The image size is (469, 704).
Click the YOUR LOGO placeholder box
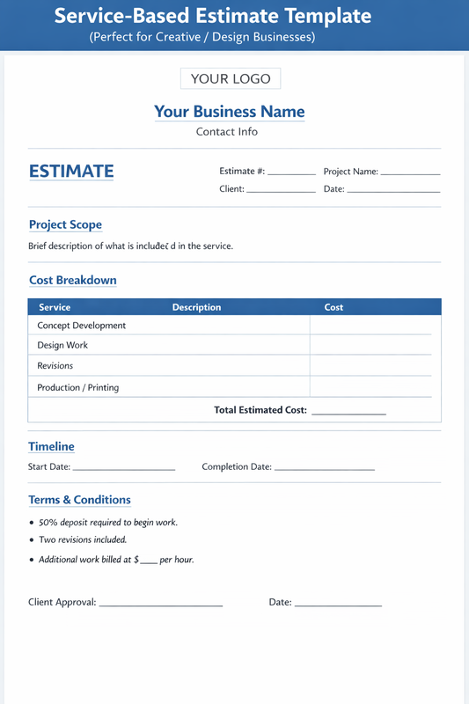click(231, 78)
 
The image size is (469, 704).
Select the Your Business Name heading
click(230, 112)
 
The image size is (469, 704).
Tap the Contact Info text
click(227, 132)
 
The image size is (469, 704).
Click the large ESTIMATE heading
click(71, 171)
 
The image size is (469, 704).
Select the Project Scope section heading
click(65, 224)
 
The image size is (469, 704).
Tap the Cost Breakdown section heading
click(72, 280)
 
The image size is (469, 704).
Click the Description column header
click(196, 307)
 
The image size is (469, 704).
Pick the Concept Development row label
click(81, 326)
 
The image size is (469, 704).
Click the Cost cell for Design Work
click(370, 345)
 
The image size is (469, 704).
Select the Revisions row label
click(55, 365)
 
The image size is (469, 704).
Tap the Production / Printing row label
click(77, 387)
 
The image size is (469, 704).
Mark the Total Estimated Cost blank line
click(348, 412)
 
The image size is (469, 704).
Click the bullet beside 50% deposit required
click(32, 523)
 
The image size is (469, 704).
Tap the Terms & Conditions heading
click(79, 500)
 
